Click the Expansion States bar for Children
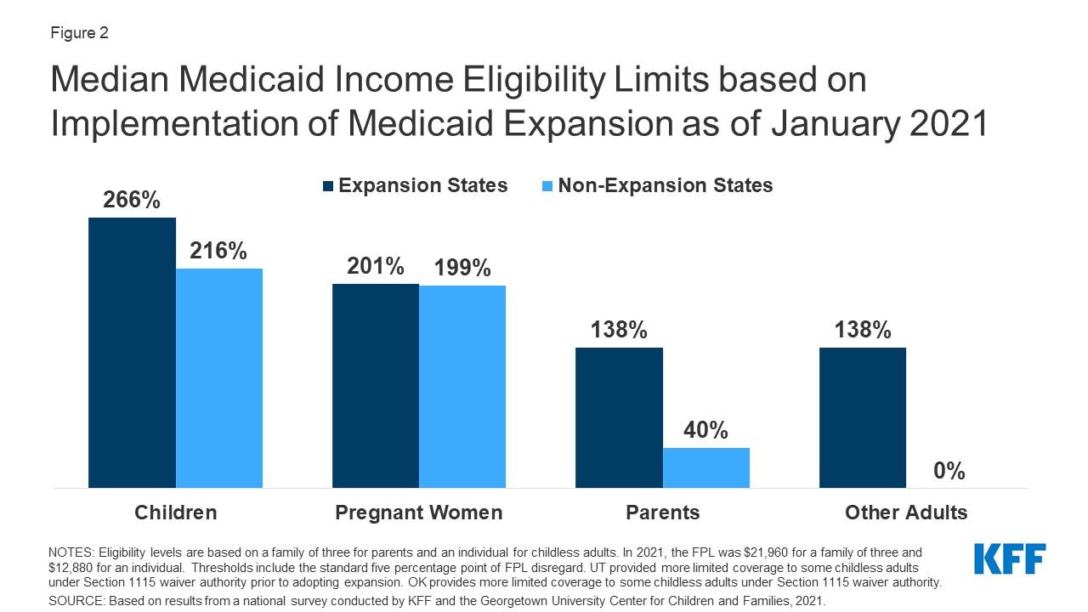tap(132, 353)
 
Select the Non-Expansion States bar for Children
tap(219, 378)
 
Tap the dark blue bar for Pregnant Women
tap(375, 386)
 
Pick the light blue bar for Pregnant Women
tap(462, 387)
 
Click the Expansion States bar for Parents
tap(619, 417)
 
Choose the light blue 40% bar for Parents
tap(706, 467)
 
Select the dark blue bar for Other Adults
tap(862, 417)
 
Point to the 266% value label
tap(132, 200)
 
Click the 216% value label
tap(218, 251)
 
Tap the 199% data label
tap(462, 268)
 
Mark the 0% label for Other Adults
tap(949, 471)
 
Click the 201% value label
tap(375, 266)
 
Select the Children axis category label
tap(176, 513)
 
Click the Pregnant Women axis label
tap(419, 513)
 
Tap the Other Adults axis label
tap(906, 513)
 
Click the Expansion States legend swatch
tap(328, 186)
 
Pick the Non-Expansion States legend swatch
tap(547, 186)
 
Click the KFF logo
tap(1010, 559)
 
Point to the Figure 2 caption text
tap(79, 34)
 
